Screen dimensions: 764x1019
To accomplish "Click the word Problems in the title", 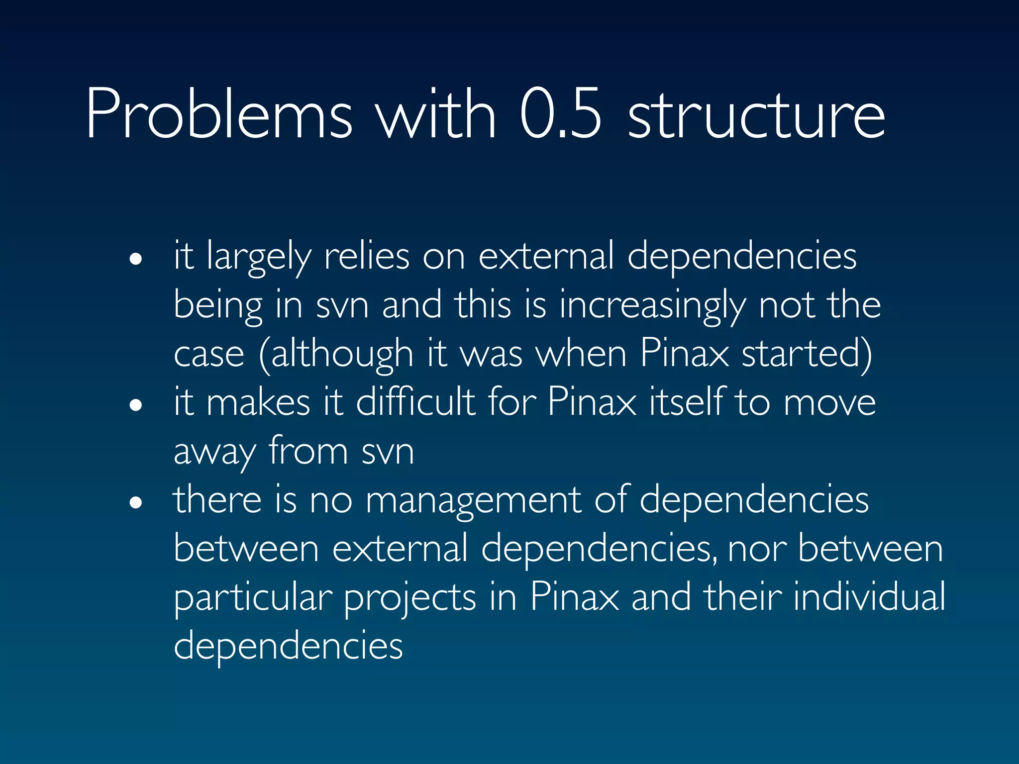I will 219,114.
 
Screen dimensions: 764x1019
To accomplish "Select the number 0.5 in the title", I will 561,114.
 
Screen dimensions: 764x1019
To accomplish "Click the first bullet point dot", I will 135,259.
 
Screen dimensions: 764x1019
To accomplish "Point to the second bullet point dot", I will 135,405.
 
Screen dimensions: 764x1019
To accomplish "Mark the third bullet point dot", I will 135,502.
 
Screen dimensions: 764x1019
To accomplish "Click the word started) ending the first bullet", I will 807,353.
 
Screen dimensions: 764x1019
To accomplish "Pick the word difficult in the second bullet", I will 415,402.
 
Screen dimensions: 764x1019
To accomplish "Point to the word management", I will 473,500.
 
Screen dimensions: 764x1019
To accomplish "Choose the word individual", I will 869,597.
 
